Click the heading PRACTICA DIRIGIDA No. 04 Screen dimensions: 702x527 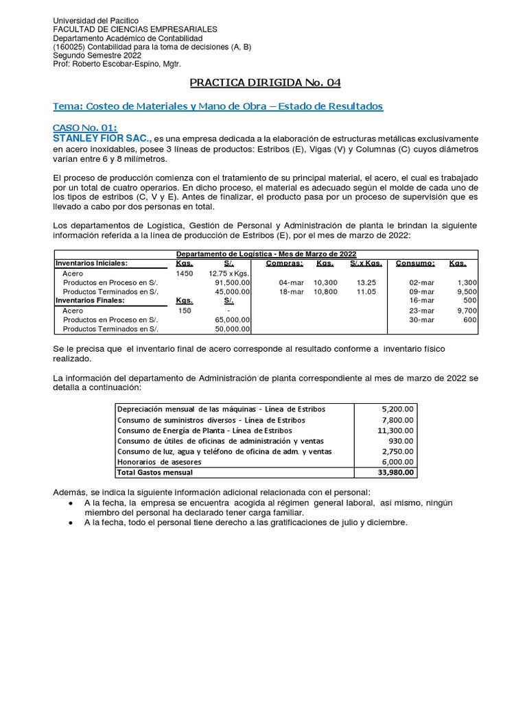(x=264, y=83)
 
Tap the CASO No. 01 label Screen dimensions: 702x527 (x=85, y=128)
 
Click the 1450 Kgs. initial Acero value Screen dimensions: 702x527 (x=185, y=273)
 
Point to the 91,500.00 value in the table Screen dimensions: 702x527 (x=232, y=282)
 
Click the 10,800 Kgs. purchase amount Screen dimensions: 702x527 (x=325, y=291)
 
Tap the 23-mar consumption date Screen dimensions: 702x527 (x=421, y=310)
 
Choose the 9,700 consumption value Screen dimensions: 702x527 (x=465, y=310)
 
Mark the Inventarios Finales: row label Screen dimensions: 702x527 (x=90, y=300)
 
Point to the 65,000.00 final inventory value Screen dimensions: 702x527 (x=232, y=319)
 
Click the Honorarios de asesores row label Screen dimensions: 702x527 (x=155, y=462)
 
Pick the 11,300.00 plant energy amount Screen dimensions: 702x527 (x=395, y=430)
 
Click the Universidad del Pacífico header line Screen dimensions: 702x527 (x=95, y=21)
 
